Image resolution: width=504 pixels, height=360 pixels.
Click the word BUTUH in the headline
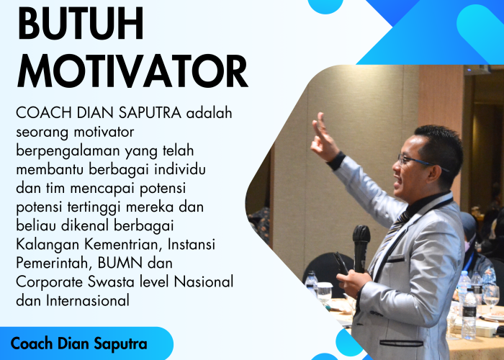80,24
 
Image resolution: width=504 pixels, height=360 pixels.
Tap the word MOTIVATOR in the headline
132,72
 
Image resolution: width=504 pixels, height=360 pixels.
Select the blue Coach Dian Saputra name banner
79,343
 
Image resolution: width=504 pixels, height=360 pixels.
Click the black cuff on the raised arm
336,160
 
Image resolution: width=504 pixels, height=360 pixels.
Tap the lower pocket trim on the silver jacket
401,343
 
